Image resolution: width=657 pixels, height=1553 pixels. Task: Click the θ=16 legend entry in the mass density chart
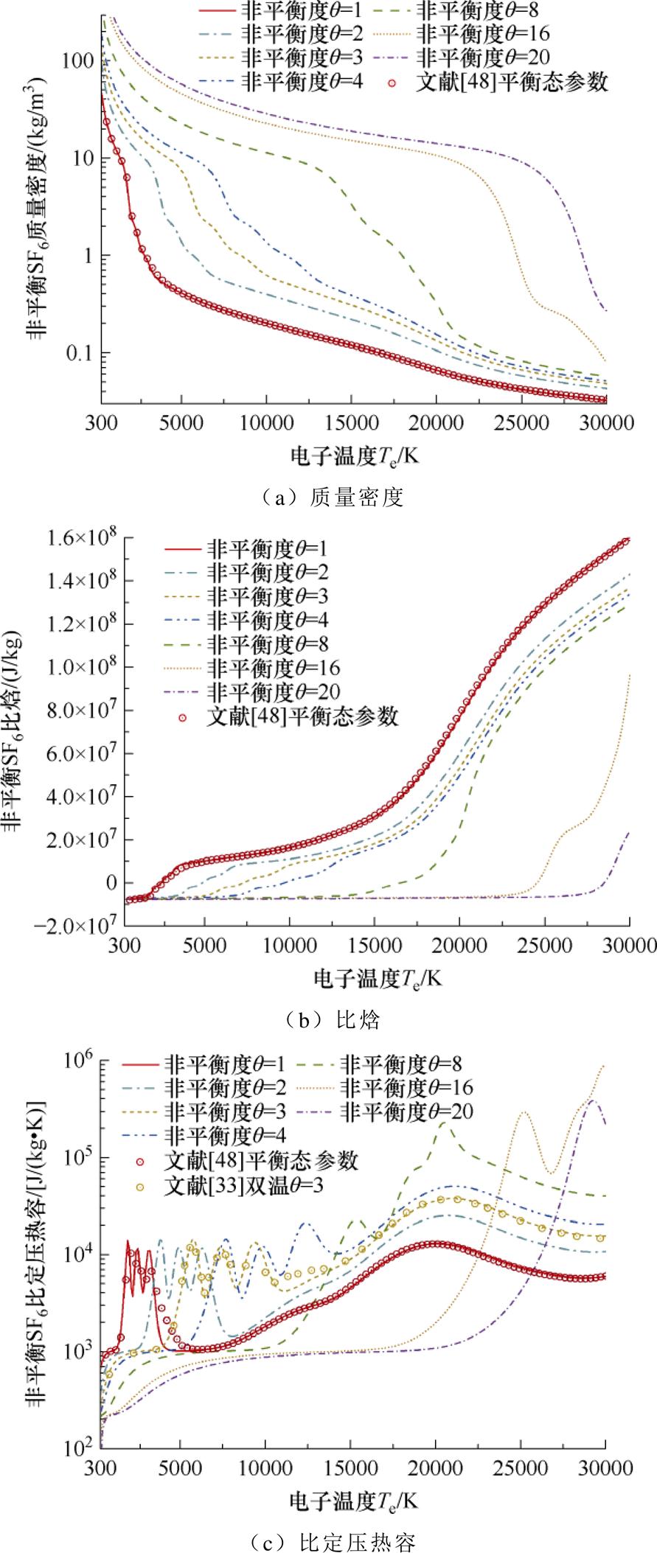point(483,33)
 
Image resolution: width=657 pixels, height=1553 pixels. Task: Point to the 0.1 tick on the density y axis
point(83,353)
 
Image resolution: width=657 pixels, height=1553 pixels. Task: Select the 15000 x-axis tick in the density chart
point(351,423)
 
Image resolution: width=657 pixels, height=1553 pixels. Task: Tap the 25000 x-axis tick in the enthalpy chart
point(545,946)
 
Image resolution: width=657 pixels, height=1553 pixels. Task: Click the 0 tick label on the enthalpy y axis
point(111,882)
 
